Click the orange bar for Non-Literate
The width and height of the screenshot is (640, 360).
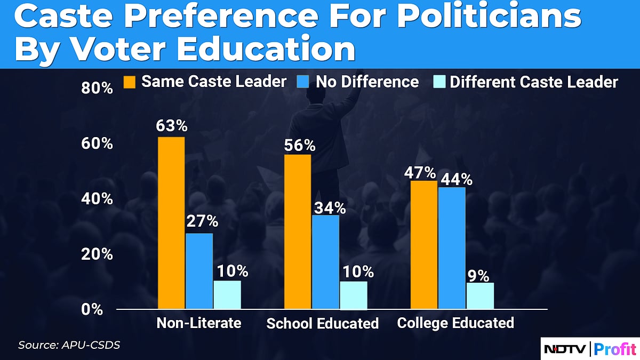click(171, 223)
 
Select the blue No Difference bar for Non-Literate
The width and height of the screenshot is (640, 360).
click(199, 271)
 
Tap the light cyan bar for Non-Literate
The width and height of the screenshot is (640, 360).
click(227, 294)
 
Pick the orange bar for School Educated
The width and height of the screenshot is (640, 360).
click(297, 231)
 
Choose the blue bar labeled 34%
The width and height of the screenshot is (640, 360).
click(325, 262)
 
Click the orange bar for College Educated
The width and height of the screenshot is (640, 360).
click(424, 245)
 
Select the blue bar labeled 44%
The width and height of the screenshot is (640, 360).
click(452, 248)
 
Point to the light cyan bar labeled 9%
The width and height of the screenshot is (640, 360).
click(480, 295)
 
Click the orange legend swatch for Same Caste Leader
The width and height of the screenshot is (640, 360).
click(130, 82)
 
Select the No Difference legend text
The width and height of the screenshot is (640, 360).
click(367, 82)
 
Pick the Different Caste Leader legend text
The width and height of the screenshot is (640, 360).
click(534, 82)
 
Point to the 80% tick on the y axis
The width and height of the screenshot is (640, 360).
click(97, 88)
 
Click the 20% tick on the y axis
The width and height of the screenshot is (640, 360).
click(97, 254)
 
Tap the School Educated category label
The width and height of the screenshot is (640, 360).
click(322, 323)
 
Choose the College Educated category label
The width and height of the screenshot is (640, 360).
click(455, 323)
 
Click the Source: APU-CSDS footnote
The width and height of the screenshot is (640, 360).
click(69, 345)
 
